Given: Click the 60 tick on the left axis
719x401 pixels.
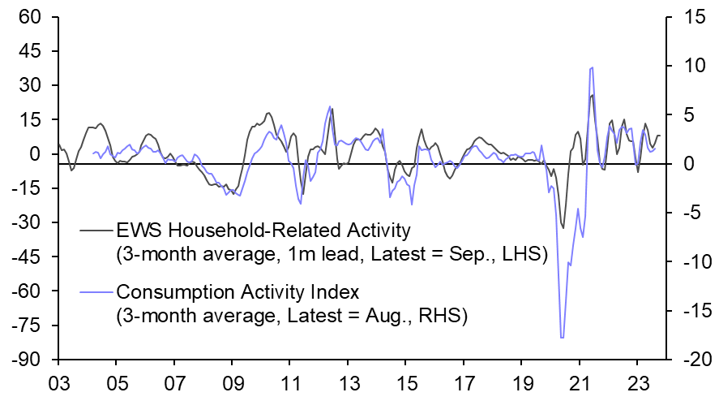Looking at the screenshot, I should pos(31,17).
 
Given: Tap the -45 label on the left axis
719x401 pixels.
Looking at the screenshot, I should pos(28,257).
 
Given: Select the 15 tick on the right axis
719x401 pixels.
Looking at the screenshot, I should pos(681,17).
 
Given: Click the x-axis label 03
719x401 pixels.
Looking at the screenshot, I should pos(58,382).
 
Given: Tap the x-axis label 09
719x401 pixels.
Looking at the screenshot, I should pos(232,382).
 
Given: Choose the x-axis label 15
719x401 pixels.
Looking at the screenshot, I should pos(405,382).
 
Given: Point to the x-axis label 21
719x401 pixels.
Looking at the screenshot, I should pos(579,382).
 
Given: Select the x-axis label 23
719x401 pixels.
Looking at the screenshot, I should pos(637,382).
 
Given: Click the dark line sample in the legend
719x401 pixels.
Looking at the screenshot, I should pos(97,231).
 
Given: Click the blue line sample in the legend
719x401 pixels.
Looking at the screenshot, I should pos(97,291).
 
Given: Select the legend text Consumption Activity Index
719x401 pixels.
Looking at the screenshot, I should pos(249,291).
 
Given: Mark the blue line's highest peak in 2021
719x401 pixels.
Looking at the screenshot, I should pos(592,67).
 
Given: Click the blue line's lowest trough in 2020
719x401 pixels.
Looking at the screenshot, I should pos(561,338).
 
